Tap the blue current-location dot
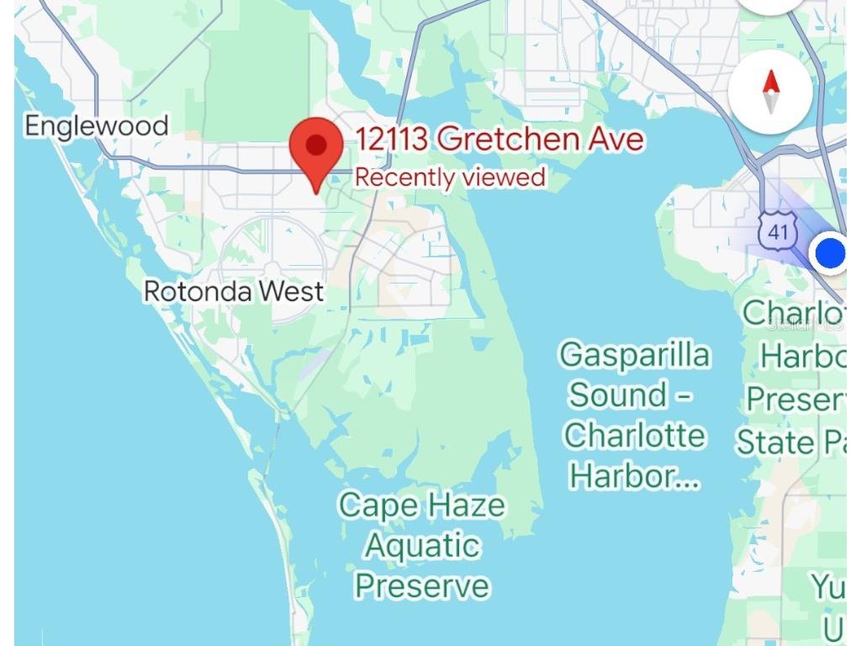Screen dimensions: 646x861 pos(831,252)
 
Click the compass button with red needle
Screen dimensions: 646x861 pos(770,92)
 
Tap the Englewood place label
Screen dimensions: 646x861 pos(96,126)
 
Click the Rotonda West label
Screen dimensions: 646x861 pos(233,292)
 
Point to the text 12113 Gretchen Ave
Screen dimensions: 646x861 pos(499,139)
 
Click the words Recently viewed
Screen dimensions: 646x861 pos(450,177)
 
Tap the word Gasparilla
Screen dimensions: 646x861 pos(635,355)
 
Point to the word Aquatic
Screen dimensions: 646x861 pos(421,546)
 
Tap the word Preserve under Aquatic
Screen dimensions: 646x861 pos(421,585)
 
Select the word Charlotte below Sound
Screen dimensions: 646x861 pos(635,436)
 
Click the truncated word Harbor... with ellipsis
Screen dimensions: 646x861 pos(634,476)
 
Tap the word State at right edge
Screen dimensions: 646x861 pos(775,442)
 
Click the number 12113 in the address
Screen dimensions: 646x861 pos(393,139)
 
